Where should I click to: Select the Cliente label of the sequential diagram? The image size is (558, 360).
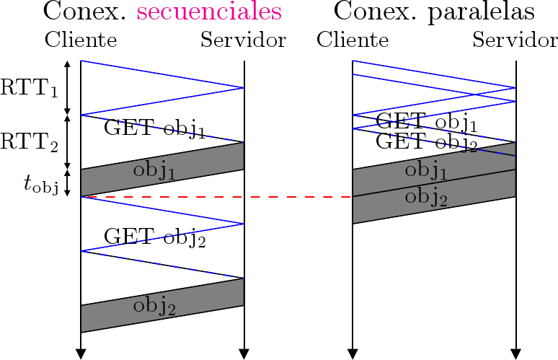tap(81, 40)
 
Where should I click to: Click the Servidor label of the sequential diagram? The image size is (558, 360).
tap(243, 40)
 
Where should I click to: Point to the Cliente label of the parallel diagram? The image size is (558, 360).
tap(353, 40)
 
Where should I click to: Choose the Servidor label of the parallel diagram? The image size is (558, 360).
tap(515, 40)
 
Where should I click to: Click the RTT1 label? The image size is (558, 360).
tap(29, 88)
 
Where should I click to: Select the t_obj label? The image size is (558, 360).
tap(40, 185)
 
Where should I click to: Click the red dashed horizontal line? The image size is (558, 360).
tap(216, 196)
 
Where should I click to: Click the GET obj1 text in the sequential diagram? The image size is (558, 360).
tap(155, 128)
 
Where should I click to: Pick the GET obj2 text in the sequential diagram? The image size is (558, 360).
tap(155, 237)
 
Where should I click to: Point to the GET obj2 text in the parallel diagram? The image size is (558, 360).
tap(427, 141)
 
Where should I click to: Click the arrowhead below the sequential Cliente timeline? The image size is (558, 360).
tap(81, 353)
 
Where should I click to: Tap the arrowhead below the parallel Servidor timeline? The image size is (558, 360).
tap(515, 353)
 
